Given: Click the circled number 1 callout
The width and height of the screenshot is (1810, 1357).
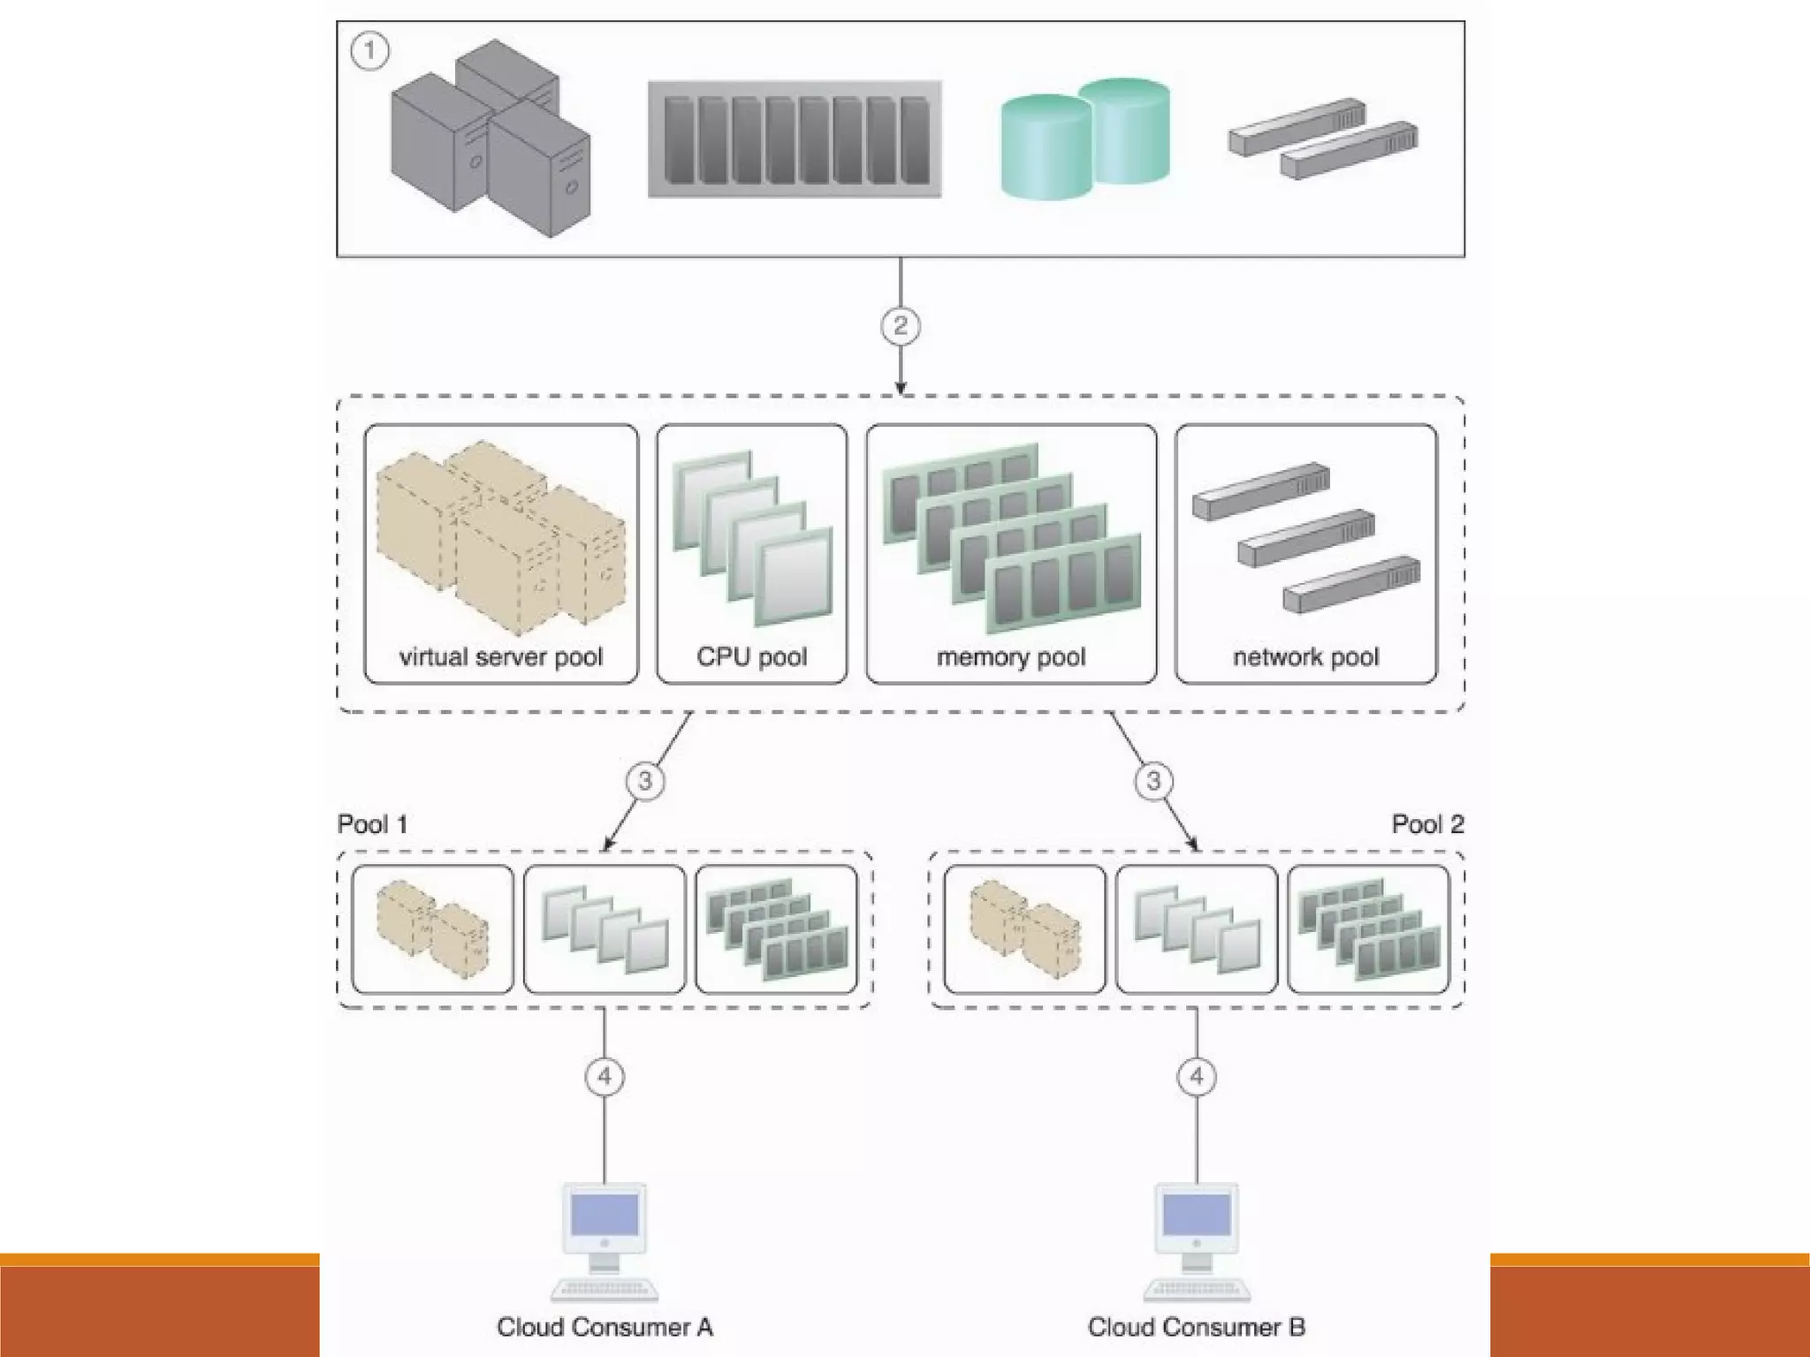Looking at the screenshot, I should click(x=369, y=50).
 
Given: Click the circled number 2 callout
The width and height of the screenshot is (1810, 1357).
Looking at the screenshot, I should click(x=900, y=326).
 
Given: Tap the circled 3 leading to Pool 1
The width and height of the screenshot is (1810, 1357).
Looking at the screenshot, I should click(x=645, y=781).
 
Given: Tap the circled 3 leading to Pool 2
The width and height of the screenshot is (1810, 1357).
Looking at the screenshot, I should click(x=1153, y=781).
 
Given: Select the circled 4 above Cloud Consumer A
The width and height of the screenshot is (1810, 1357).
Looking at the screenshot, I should click(x=605, y=1076).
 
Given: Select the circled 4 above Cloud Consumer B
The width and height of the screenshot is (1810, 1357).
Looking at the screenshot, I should click(x=1197, y=1076).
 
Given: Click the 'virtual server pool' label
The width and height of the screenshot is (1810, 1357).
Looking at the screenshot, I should click(x=500, y=657).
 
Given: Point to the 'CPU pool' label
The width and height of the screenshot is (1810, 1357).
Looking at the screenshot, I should click(x=751, y=657).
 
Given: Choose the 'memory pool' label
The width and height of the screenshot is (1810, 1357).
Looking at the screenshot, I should click(x=1011, y=657).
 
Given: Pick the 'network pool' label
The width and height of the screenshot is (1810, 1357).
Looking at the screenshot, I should click(x=1305, y=657).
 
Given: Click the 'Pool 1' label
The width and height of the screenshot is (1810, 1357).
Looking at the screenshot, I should click(x=372, y=825).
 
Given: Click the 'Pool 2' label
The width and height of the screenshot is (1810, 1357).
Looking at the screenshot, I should click(x=1427, y=825).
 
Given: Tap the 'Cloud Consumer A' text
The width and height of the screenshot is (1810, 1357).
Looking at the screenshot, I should click(x=605, y=1327).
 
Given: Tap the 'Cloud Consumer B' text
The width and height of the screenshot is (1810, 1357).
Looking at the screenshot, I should click(x=1197, y=1327).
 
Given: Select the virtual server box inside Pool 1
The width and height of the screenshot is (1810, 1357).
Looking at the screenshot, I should click(x=432, y=929).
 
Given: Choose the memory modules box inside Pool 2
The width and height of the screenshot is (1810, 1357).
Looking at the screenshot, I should click(x=1368, y=929).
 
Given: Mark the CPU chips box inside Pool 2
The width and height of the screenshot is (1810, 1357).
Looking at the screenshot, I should click(x=1197, y=929).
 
